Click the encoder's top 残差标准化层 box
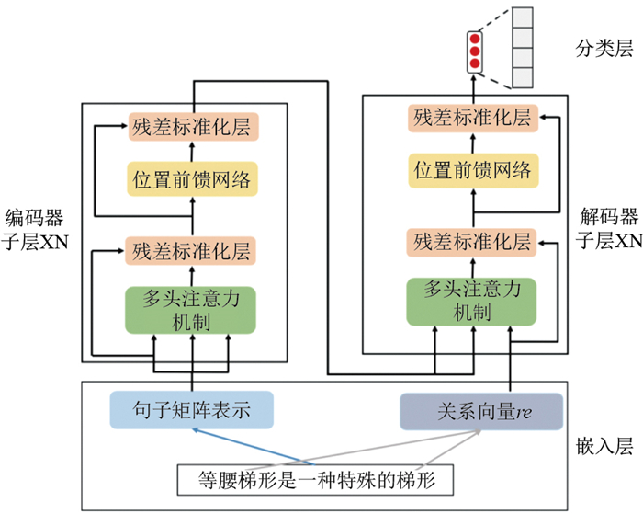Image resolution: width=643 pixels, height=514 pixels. [191, 126]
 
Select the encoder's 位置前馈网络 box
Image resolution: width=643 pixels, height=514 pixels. [191, 176]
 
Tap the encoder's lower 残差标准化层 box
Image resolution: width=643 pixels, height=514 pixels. [191, 248]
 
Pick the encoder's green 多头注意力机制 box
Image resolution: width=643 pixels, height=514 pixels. [191, 311]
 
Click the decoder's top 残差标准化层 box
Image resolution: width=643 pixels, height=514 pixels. [471, 118]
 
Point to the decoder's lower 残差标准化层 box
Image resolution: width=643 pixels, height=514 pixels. [471, 242]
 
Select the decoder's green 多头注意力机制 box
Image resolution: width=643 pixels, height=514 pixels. [471, 300]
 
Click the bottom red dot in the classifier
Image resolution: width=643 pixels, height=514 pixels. [476, 64]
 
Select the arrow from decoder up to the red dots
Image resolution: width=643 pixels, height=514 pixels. [476, 90]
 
